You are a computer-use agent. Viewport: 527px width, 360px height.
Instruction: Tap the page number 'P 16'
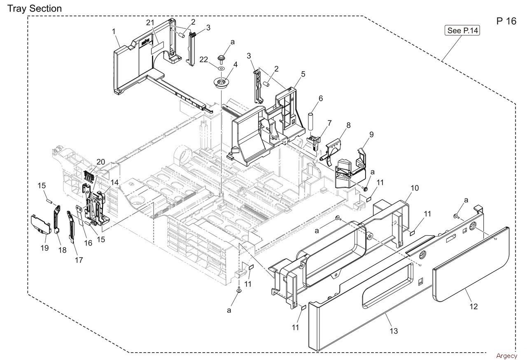506,21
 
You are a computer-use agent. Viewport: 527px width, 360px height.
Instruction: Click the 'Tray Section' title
35,8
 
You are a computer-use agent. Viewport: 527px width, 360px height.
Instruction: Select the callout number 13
394,331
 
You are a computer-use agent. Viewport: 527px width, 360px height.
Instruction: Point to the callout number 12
474,306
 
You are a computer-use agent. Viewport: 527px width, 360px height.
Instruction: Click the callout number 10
415,188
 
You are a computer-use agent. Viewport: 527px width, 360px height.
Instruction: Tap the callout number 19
44,248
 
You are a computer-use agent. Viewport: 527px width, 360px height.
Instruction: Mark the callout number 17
79,260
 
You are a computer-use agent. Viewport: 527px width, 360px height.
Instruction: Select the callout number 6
320,98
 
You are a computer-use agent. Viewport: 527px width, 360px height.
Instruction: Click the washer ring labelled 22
221,68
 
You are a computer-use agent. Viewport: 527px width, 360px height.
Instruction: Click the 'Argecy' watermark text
506,355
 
